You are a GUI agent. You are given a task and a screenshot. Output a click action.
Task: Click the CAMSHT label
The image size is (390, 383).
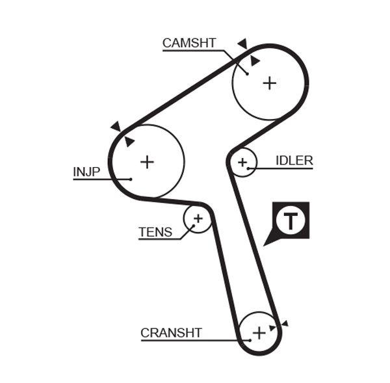(x=188, y=43)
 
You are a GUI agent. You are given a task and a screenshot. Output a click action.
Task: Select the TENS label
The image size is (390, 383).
(x=155, y=232)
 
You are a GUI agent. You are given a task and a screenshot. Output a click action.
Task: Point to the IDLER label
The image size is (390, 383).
(x=294, y=161)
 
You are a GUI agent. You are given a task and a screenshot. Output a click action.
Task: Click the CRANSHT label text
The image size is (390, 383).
(x=171, y=333)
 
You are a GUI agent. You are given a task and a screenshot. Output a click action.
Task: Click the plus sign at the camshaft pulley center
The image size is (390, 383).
(x=270, y=83)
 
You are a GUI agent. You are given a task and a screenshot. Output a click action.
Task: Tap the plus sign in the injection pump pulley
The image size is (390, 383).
(x=148, y=161)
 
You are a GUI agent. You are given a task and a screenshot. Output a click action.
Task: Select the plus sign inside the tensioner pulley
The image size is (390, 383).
(x=198, y=218)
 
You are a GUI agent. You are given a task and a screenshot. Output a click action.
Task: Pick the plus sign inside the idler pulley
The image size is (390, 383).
(x=243, y=162)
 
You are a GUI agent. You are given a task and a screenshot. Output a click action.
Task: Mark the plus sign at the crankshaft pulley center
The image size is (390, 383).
(x=259, y=333)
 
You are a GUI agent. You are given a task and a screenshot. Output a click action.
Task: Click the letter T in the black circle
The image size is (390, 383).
(x=290, y=221)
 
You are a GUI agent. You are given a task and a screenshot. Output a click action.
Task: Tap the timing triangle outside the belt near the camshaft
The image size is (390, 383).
(x=242, y=44)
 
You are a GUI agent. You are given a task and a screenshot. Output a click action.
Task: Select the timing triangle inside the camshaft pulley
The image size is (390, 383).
(x=254, y=60)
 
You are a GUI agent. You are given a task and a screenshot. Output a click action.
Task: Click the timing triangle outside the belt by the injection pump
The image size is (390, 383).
(x=116, y=125)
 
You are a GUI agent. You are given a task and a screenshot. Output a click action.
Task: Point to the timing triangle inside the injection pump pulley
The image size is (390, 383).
(x=129, y=141)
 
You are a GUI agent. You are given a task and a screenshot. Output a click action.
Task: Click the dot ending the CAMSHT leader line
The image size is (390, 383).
(x=248, y=73)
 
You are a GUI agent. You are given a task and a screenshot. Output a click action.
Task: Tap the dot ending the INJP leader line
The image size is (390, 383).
(x=131, y=179)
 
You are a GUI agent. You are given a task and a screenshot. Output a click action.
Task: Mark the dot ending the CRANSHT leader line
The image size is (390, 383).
(x=250, y=339)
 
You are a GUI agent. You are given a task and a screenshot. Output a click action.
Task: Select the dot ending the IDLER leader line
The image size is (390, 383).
(x=248, y=168)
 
